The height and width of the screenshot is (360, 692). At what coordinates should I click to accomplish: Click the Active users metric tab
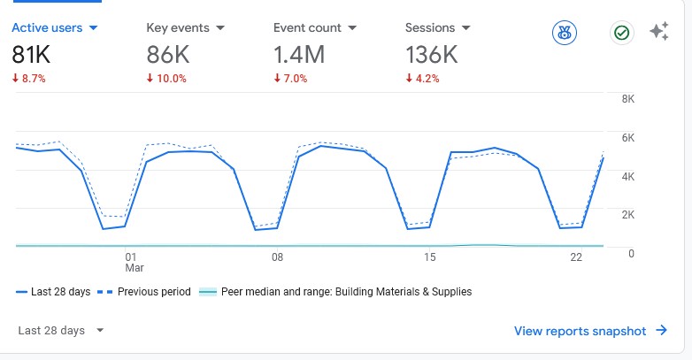coord(47,28)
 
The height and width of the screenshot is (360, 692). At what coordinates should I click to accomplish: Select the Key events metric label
coord(178,28)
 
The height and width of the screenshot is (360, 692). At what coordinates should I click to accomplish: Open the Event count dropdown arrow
coord(352,28)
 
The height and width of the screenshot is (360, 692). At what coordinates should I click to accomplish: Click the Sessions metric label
coord(429,28)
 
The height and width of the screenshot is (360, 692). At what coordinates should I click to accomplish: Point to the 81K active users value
coord(31,55)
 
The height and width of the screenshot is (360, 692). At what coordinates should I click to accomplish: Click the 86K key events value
coord(168,55)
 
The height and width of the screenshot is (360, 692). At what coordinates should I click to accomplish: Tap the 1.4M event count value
coord(299,55)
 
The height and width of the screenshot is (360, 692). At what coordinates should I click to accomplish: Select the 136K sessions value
coord(431,55)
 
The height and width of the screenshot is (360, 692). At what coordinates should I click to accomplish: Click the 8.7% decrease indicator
coord(28,78)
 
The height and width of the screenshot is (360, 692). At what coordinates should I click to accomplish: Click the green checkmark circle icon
coord(622,34)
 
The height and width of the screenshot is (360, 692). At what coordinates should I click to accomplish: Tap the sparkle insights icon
coord(658,33)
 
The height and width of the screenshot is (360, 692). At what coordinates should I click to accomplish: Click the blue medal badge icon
coord(564,34)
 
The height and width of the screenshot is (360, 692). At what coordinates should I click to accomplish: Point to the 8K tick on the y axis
coord(627,99)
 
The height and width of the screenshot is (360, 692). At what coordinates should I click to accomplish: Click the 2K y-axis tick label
coord(627,215)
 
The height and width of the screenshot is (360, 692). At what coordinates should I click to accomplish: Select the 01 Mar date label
coord(134,262)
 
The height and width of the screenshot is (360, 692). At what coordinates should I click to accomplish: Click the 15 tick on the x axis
coord(430,257)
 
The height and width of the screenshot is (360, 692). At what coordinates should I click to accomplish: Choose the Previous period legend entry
coord(147,292)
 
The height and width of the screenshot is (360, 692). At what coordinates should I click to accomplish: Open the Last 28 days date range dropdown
coord(61,331)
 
